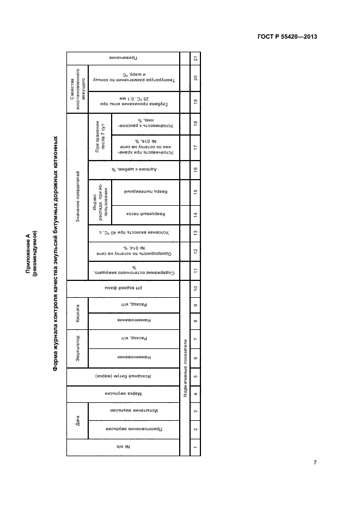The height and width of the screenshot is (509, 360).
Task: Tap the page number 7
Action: pyautogui.click(x=315, y=462)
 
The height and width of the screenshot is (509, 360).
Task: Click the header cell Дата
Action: pyautogui.click(x=77, y=420)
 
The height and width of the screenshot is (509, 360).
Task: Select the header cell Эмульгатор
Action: pyautogui.click(x=77, y=349)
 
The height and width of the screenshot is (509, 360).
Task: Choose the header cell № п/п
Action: pyautogui.click(x=123, y=447)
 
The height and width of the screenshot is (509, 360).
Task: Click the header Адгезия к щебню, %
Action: pyautogui.click(x=133, y=170)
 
